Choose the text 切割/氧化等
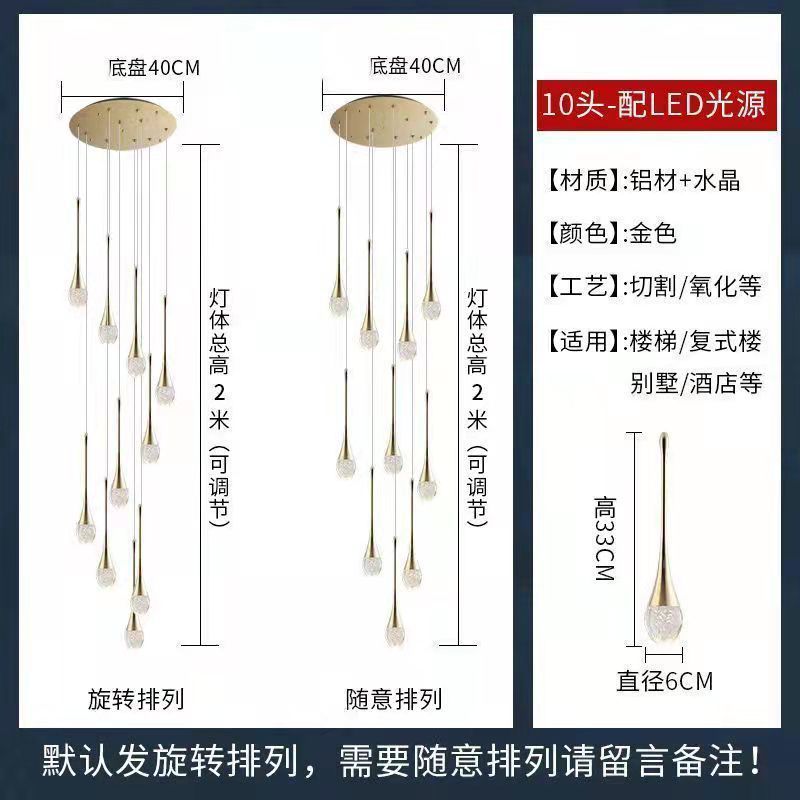tap(694, 287)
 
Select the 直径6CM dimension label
tap(665, 682)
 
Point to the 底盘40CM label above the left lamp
tap(154, 68)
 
